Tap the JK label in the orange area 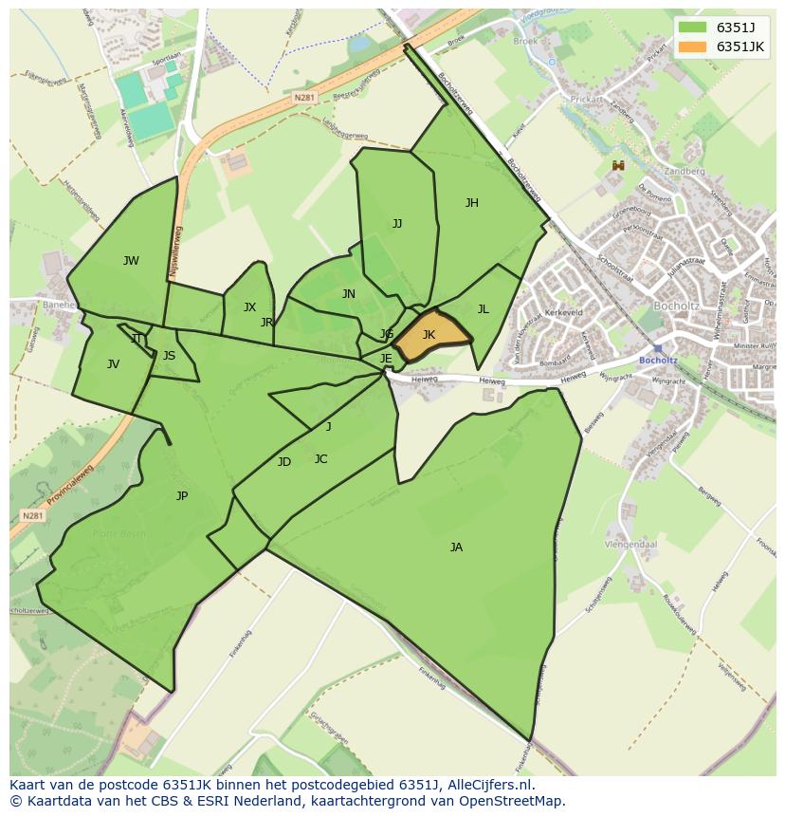click(429, 335)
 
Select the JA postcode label click(456, 547)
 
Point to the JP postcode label click(182, 495)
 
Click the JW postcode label click(131, 261)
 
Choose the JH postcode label click(471, 202)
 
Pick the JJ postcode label click(397, 224)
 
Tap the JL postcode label click(483, 308)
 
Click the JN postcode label click(349, 294)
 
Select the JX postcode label click(249, 306)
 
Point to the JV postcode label click(113, 363)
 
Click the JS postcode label click(169, 356)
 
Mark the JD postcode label click(283, 462)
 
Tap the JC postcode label click(320, 459)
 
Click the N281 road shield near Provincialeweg click(32, 515)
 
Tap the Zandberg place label click(685, 172)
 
